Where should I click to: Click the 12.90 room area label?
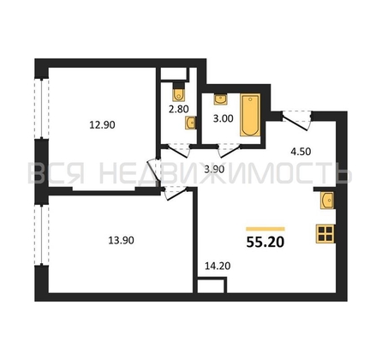pyautogui.click(x=102, y=125)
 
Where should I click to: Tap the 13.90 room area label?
pyautogui.click(x=121, y=240)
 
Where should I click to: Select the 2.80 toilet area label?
pyautogui.click(x=178, y=109)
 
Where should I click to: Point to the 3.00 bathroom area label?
pyautogui.click(x=224, y=118)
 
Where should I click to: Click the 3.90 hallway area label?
pyautogui.click(x=214, y=170)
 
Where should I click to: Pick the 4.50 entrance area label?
pyautogui.click(x=301, y=152)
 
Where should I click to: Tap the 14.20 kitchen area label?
pyautogui.click(x=218, y=266)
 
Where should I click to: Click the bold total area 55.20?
pyautogui.click(x=266, y=243)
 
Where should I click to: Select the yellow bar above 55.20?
pyautogui.click(x=266, y=229)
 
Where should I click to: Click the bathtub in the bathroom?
pyautogui.click(x=250, y=115)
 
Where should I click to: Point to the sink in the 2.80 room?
pyautogui.click(x=191, y=123)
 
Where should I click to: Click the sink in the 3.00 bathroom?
pyautogui.click(x=221, y=99)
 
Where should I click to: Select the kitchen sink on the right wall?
pyautogui.click(x=327, y=201)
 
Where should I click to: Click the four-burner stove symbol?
pyautogui.click(x=325, y=234)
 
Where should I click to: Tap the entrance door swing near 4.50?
pyautogui.click(x=297, y=121)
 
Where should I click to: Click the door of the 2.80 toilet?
pyautogui.click(x=178, y=151)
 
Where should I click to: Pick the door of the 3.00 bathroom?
pyautogui.click(x=230, y=151)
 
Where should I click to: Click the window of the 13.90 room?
pyautogui.click(x=42, y=235)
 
